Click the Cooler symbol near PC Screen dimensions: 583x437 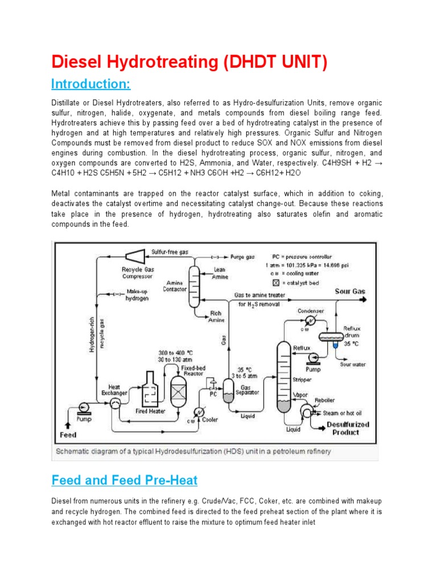[x=199, y=412]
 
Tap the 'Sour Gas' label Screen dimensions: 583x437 [x=350, y=291]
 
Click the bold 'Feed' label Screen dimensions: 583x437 [x=69, y=435]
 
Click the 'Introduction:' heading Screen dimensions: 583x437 [x=90, y=84]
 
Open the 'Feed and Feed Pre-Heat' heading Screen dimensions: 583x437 [x=124, y=480]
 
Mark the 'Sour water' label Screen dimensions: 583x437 [x=353, y=364]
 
